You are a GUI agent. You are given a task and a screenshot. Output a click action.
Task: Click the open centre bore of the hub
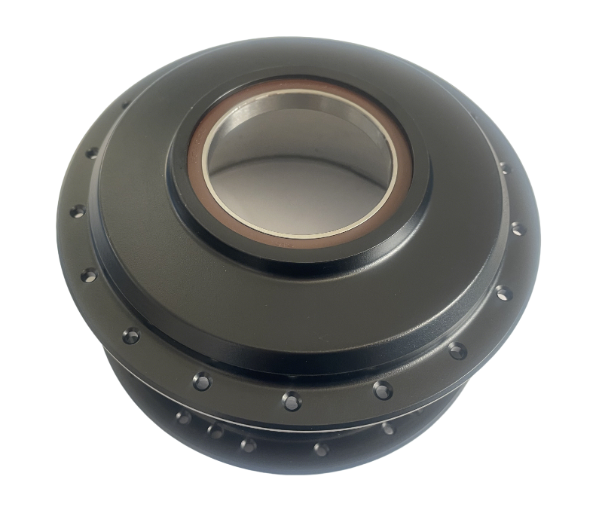pyautogui.click(x=298, y=177)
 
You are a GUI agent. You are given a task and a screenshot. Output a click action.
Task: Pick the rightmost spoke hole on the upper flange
pyautogui.click(x=517, y=228)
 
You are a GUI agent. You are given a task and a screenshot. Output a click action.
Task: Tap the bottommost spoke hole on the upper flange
pyautogui.click(x=292, y=401)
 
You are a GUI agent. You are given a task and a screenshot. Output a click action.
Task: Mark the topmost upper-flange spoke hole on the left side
pyautogui.click(x=92, y=153)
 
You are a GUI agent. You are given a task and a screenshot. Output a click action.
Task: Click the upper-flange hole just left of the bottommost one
pyautogui.click(x=202, y=381)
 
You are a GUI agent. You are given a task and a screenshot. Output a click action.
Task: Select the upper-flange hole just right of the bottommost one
pyautogui.click(x=383, y=390)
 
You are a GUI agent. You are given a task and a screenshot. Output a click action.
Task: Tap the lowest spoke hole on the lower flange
pyautogui.click(x=321, y=450)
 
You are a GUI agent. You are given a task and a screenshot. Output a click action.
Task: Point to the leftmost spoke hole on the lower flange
pyautogui.click(x=182, y=417)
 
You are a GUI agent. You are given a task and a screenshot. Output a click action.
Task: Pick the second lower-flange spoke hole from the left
pyautogui.click(x=215, y=432)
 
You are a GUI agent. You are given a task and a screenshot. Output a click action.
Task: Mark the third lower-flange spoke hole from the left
pyautogui.click(x=247, y=444)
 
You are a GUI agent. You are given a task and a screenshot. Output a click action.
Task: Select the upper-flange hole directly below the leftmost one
pyautogui.click(x=88, y=274)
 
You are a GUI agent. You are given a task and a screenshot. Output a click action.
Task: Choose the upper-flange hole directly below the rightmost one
pyautogui.click(x=503, y=292)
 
